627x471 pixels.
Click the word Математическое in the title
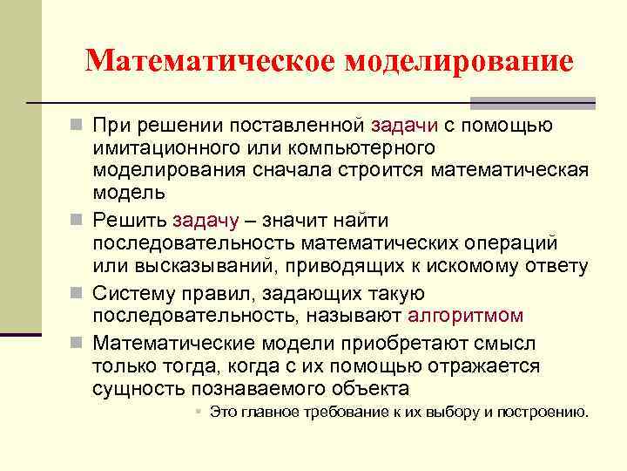[x=211, y=61]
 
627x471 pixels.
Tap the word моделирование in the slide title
[x=459, y=61]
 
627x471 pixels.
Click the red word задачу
[x=208, y=221]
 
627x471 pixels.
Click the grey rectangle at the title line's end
[x=576, y=103]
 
